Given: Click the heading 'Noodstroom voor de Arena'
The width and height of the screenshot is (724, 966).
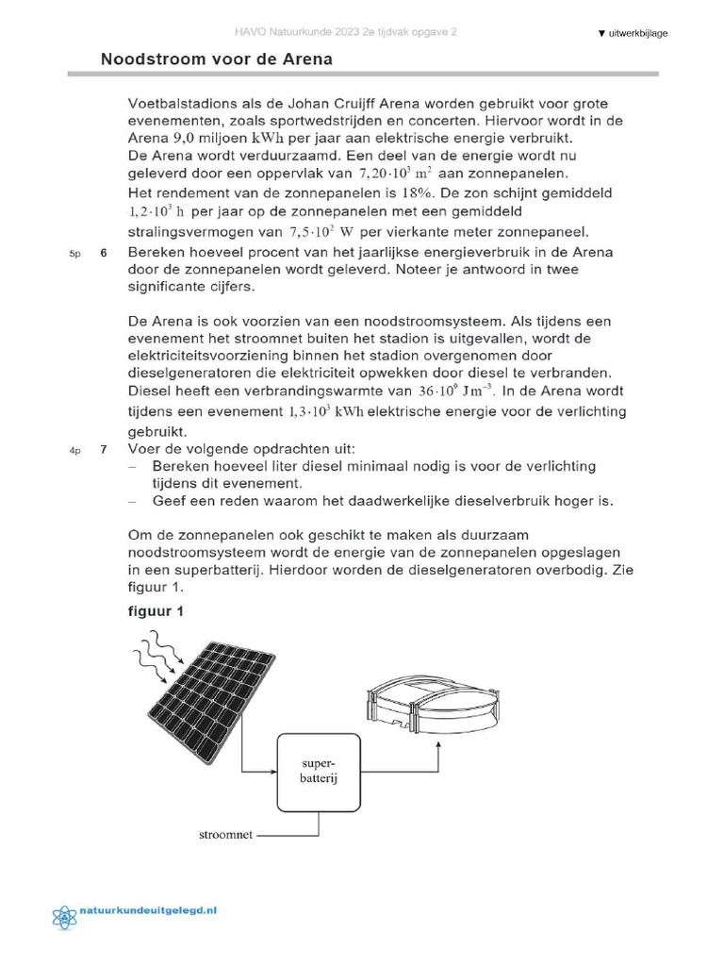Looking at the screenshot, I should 216,59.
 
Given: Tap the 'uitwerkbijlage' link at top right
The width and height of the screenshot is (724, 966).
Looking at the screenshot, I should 633,33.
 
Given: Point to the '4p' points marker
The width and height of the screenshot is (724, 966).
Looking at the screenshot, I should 74,451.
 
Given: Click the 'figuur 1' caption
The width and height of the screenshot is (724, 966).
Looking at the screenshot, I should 156,611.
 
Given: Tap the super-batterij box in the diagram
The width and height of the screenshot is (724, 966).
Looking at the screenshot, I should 319,770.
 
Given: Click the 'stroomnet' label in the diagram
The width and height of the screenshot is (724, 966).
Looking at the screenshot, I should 226,835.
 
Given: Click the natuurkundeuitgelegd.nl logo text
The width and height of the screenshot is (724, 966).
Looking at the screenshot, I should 149,911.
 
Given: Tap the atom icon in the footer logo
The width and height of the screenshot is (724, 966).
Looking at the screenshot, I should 65,916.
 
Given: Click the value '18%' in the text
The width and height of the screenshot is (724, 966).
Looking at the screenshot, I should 436,192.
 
